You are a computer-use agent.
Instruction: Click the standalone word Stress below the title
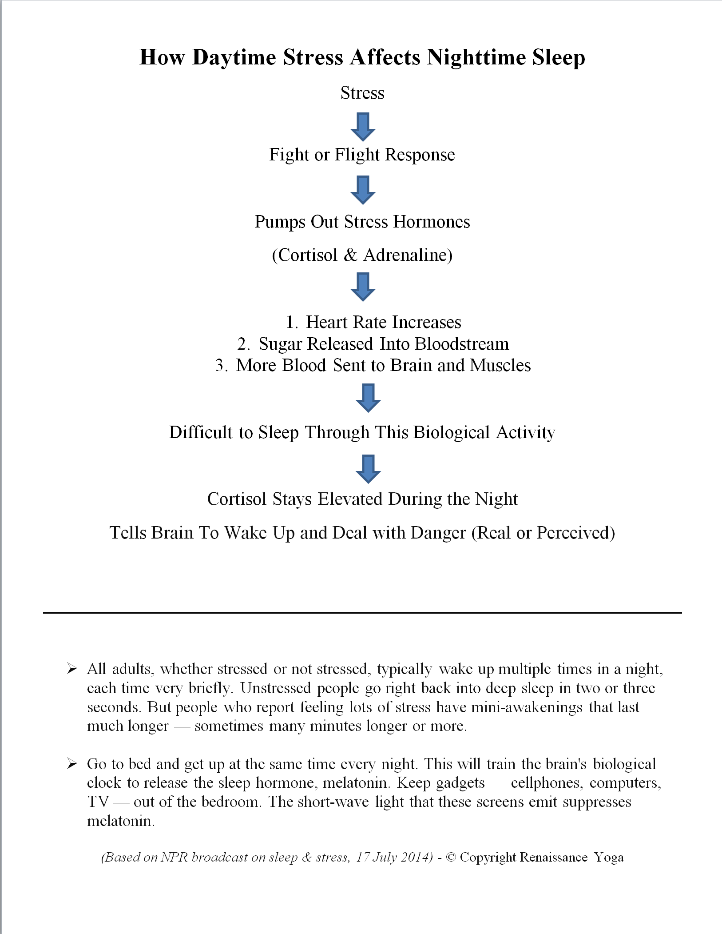362,93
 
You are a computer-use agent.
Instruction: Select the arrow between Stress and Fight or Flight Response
363,127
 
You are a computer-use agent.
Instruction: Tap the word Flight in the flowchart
357,155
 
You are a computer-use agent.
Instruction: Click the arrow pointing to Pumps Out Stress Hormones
363,190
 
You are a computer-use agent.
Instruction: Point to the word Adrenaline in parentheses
407,255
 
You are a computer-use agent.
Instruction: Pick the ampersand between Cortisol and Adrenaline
350,255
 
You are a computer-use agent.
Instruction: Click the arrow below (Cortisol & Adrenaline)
363,287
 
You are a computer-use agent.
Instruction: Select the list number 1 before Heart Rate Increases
291,322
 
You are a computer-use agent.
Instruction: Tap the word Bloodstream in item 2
462,344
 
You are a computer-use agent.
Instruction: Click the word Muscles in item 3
500,365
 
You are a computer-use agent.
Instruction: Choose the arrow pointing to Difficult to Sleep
368,398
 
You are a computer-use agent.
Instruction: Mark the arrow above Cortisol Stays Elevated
368,469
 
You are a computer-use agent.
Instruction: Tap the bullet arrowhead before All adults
72,669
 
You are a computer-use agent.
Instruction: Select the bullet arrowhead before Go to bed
72,764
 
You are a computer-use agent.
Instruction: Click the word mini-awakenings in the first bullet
527,707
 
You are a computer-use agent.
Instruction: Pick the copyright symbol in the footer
451,858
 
